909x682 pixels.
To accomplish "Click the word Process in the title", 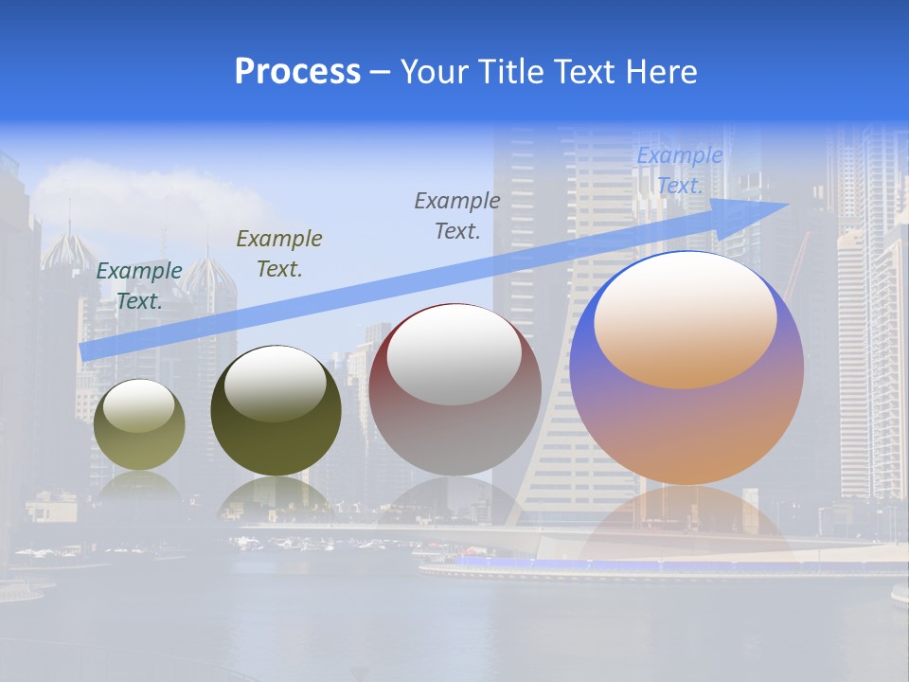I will pos(297,72).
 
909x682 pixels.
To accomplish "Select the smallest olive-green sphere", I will pos(139,425).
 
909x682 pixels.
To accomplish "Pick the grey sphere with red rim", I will pos(454,390).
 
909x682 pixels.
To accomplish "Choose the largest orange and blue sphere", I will pos(686,368).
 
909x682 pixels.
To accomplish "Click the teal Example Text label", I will pos(139,286).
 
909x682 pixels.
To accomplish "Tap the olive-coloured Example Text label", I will pos(279,254).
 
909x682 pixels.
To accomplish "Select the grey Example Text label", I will pos(457,216).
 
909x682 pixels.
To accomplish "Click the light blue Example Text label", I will pos(679,171).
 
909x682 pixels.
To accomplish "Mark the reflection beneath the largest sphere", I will pos(686,521).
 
